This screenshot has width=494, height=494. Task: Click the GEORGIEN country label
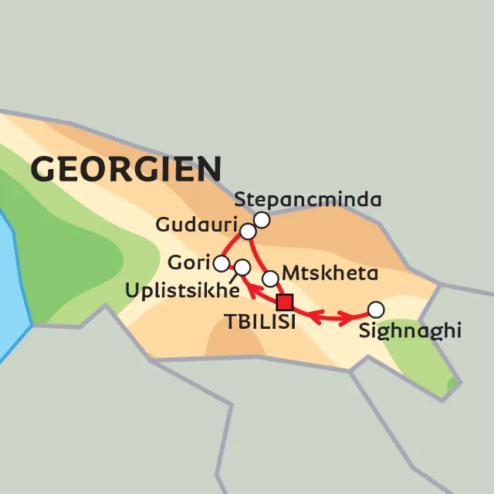click(126, 168)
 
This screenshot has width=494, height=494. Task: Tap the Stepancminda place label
click(308, 200)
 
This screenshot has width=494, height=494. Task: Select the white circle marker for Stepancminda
click(262, 221)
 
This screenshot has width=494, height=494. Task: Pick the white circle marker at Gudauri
click(248, 232)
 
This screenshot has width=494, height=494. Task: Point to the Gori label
click(188, 263)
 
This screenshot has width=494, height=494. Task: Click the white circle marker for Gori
click(222, 264)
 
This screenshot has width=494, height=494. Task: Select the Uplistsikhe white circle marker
click(242, 268)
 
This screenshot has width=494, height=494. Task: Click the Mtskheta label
click(330, 273)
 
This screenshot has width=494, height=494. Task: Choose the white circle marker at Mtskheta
click(270, 278)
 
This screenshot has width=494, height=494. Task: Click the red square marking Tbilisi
click(286, 302)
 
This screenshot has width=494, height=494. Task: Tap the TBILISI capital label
click(260, 323)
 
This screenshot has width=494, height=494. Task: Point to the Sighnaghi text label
click(410, 332)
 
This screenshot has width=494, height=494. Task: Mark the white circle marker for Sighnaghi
click(375, 310)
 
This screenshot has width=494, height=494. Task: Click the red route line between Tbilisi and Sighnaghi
click(332, 316)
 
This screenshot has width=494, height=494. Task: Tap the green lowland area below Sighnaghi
click(417, 363)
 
